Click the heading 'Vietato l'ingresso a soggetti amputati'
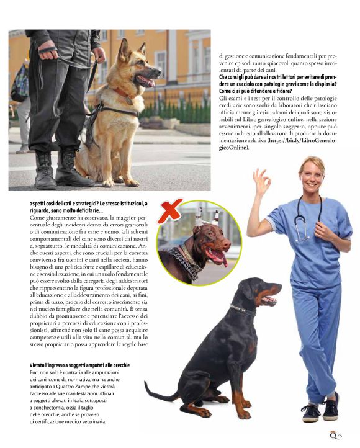point(79,365)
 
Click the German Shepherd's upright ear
point(124,50)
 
